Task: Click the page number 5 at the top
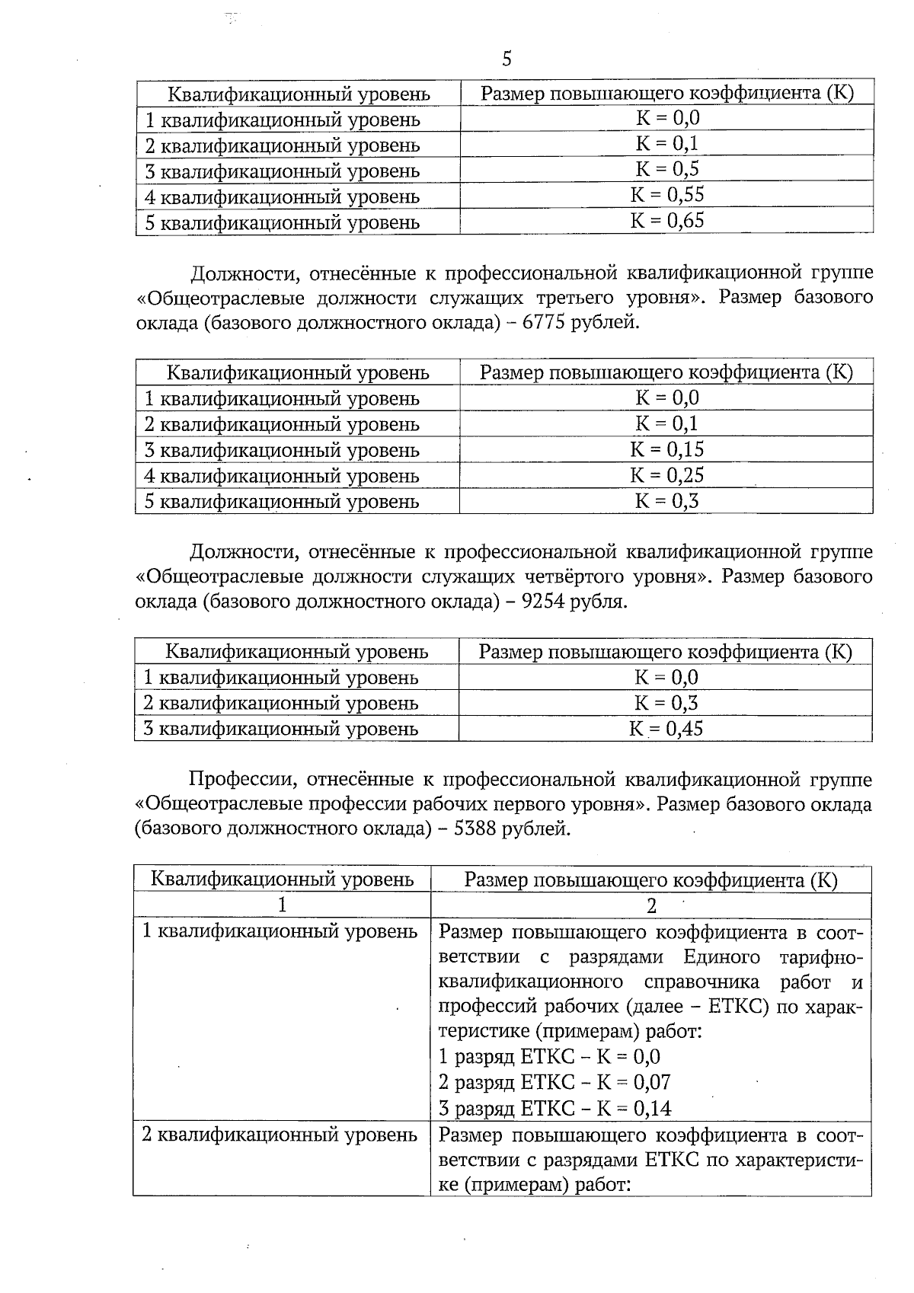(x=507, y=59)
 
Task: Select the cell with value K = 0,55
(x=667, y=195)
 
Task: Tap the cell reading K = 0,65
(x=667, y=221)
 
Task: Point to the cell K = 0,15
(x=667, y=449)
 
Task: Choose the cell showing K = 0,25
(x=667, y=475)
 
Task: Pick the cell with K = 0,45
(x=666, y=729)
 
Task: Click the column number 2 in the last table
(x=651, y=905)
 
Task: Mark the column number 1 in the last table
(x=283, y=905)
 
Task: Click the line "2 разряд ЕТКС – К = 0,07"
(x=555, y=1082)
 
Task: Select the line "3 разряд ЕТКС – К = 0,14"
(x=556, y=1108)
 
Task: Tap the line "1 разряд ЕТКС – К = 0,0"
(x=550, y=1057)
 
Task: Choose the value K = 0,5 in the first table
(x=667, y=169)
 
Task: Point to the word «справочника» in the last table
(x=699, y=982)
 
